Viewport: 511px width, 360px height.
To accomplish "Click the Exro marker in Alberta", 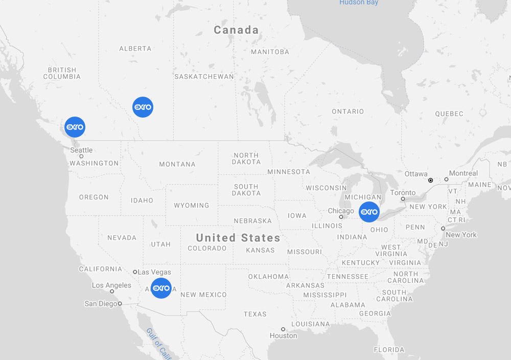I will (143, 107).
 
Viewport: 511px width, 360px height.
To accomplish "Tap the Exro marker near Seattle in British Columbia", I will (75, 127).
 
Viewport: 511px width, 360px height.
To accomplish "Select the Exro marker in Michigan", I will (369, 212).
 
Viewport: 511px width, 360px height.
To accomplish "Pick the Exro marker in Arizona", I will (161, 288).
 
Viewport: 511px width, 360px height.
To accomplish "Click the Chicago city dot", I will (341, 217).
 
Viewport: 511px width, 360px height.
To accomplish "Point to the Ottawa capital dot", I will (431, 181).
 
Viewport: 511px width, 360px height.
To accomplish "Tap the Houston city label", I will (284, 336).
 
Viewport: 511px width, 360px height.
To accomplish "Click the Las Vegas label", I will (154, 272).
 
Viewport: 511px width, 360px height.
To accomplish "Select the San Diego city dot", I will (120, 304).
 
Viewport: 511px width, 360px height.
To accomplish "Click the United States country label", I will (238, 238).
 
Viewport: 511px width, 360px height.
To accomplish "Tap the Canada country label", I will (236, 30).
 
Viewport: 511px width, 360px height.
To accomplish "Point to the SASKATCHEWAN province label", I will (204, 77).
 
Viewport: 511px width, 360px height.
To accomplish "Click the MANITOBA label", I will (270, 52).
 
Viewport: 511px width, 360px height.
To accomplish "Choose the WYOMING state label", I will (192, 206).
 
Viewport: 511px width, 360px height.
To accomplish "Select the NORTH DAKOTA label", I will (246, 159).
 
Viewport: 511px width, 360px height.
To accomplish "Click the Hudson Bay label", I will (359, 3).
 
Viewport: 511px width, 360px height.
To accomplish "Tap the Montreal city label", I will (463, 173).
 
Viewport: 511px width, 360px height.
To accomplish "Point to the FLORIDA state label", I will (389, 350).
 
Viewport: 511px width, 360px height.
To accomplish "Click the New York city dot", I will (443, 229).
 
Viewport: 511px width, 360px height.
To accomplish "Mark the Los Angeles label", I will (111, 285).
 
